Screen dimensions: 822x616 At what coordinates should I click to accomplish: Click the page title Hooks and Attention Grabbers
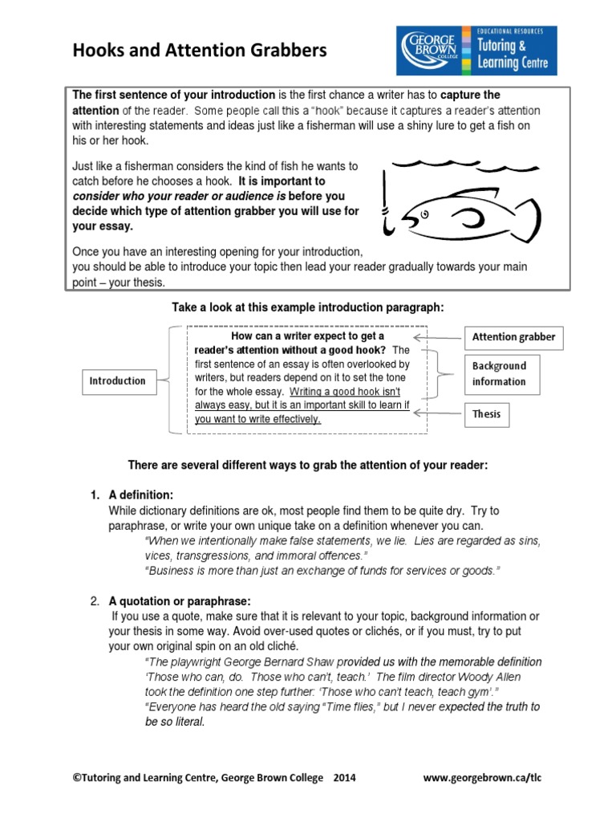tap(201, 51)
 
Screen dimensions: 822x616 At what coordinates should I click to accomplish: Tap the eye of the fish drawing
tap(425, 213)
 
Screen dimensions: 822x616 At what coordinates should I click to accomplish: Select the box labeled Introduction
tap(117, 381)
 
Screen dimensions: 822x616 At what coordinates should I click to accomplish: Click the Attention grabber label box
tap(513, 337)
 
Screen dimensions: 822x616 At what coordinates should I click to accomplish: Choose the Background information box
tap(500, 373)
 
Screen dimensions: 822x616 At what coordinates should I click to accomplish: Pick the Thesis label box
tap(486, 414)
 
